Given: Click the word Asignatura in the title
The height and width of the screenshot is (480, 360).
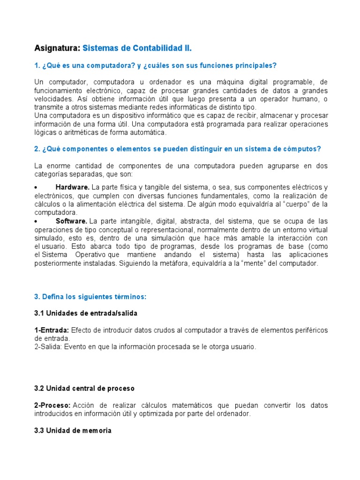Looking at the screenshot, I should coord(57,48).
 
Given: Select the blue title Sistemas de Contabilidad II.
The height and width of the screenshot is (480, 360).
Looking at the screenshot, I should coord(137,48).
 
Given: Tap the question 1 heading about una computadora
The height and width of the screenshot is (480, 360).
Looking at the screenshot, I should coord(155,65).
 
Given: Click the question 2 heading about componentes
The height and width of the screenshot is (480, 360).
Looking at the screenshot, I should coord(178,149).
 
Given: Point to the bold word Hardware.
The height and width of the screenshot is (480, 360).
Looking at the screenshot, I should coord(72,187).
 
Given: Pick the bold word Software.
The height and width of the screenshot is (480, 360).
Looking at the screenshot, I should coord(71,221).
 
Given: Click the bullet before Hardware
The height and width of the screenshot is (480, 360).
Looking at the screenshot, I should coord(36,187).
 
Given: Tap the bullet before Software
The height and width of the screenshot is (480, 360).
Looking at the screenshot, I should coord(36,221).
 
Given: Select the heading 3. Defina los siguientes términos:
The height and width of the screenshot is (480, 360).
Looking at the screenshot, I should coord(90,297).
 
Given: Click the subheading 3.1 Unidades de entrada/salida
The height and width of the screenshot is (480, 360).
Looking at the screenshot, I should coord(86,313).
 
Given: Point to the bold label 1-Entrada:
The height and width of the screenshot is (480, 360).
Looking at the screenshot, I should coord(52,330).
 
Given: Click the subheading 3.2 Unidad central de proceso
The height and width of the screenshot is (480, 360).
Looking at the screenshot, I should coord(84,389).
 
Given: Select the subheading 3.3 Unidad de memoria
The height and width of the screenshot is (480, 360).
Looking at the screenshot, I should coord(73,430).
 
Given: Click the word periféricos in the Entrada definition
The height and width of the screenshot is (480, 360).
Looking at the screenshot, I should coord(309,330).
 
